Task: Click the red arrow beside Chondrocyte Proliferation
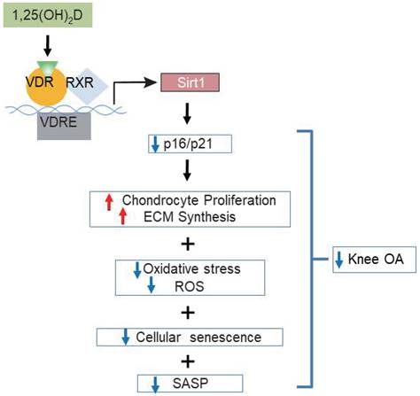tap(110, 203)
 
